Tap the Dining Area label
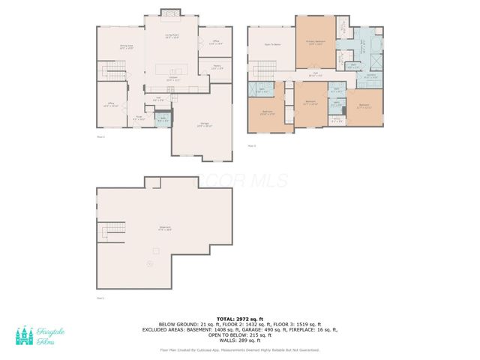(126, 47)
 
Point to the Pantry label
(216, 67)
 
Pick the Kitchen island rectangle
(172, 70)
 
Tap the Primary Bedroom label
(315, 43)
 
